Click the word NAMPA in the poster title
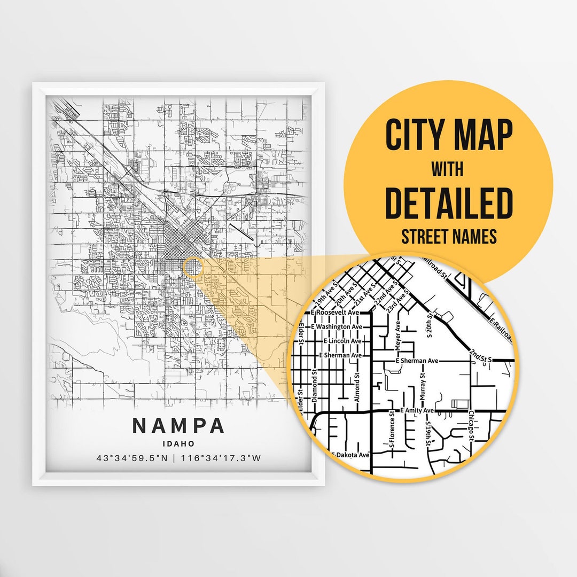click(178, 426)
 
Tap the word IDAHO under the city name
click(178, 443)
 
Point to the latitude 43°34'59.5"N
click(136, 458)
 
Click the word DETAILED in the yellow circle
click(449, 203)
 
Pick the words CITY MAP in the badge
click(449, 136)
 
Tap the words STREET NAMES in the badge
click(449, 237)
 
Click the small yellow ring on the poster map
click(193, 267)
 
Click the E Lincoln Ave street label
click(343, 341)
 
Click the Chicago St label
click(471, 426)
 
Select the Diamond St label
click(315, 383)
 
